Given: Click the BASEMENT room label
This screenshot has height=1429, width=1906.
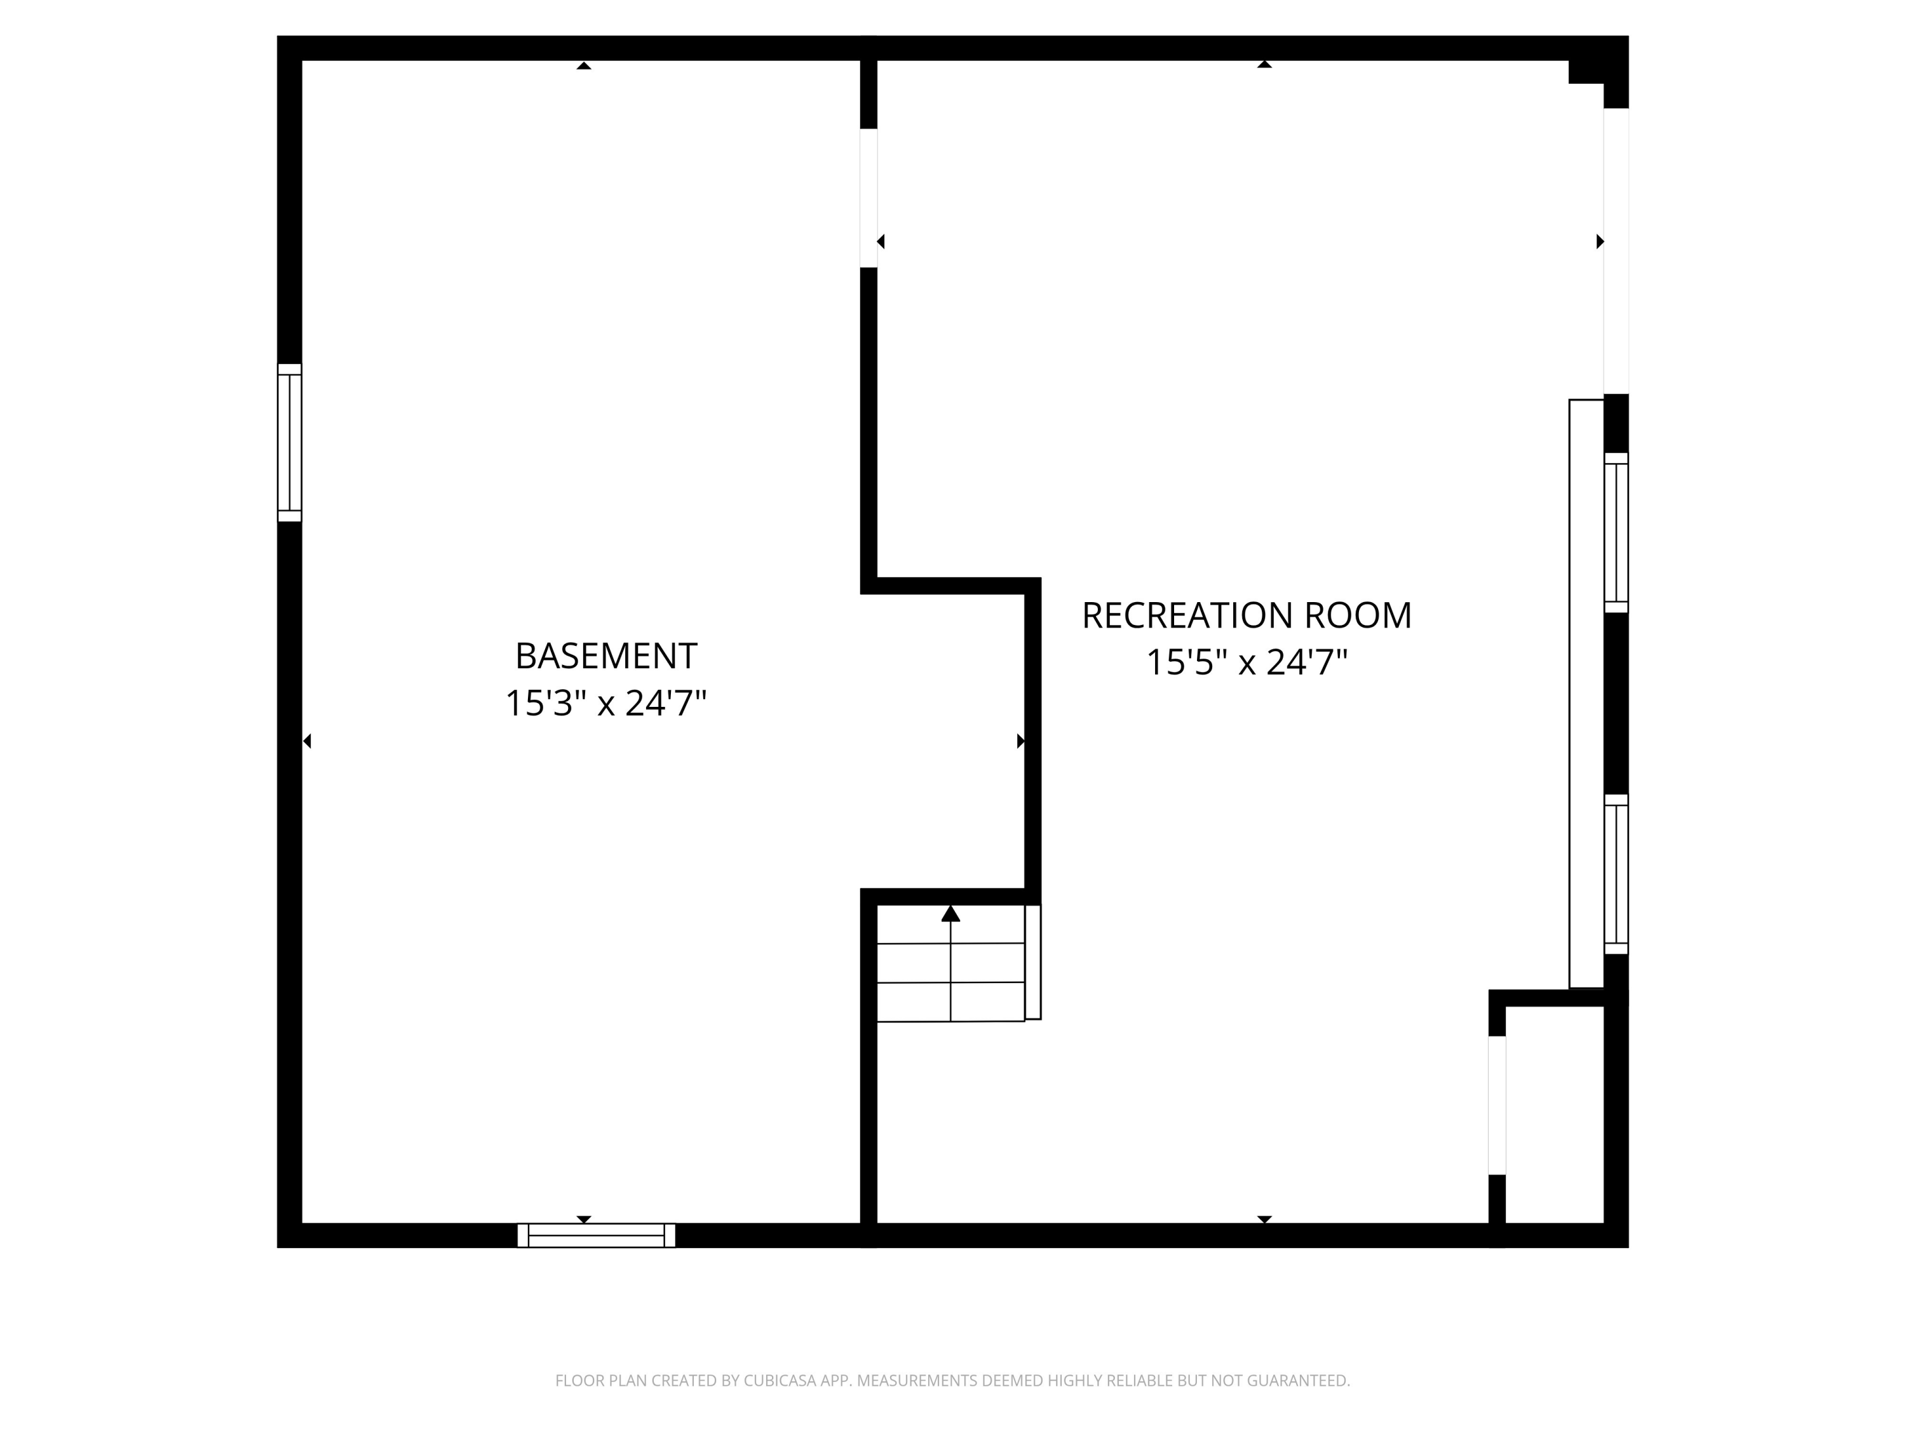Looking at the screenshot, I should click(605, 656).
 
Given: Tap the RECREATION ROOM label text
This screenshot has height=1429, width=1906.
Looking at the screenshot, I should click(1246, 616).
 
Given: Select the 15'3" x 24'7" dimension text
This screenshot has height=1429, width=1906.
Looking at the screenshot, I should click(605, 704).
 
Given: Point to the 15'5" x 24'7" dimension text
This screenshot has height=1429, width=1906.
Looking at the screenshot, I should click(1246, 663).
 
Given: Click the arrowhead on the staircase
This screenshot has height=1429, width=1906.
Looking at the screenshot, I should click(950, 914).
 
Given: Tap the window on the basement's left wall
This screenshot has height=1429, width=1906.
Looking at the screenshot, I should click(290, 443).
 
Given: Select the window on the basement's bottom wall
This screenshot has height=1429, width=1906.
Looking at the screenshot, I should click(597, 1235).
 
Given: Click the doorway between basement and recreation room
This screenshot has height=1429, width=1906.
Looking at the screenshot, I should click(869, 198).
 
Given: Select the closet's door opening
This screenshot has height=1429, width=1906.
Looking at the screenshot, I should click(1497, 1105).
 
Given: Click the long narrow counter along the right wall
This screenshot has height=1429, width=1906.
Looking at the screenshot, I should click(1585, 694).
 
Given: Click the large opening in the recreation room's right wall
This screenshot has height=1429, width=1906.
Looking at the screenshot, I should click(1616, 250).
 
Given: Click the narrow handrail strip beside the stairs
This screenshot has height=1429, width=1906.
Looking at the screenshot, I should click(1032, 962).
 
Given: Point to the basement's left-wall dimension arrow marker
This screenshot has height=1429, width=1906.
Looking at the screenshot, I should click(307, 741).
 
